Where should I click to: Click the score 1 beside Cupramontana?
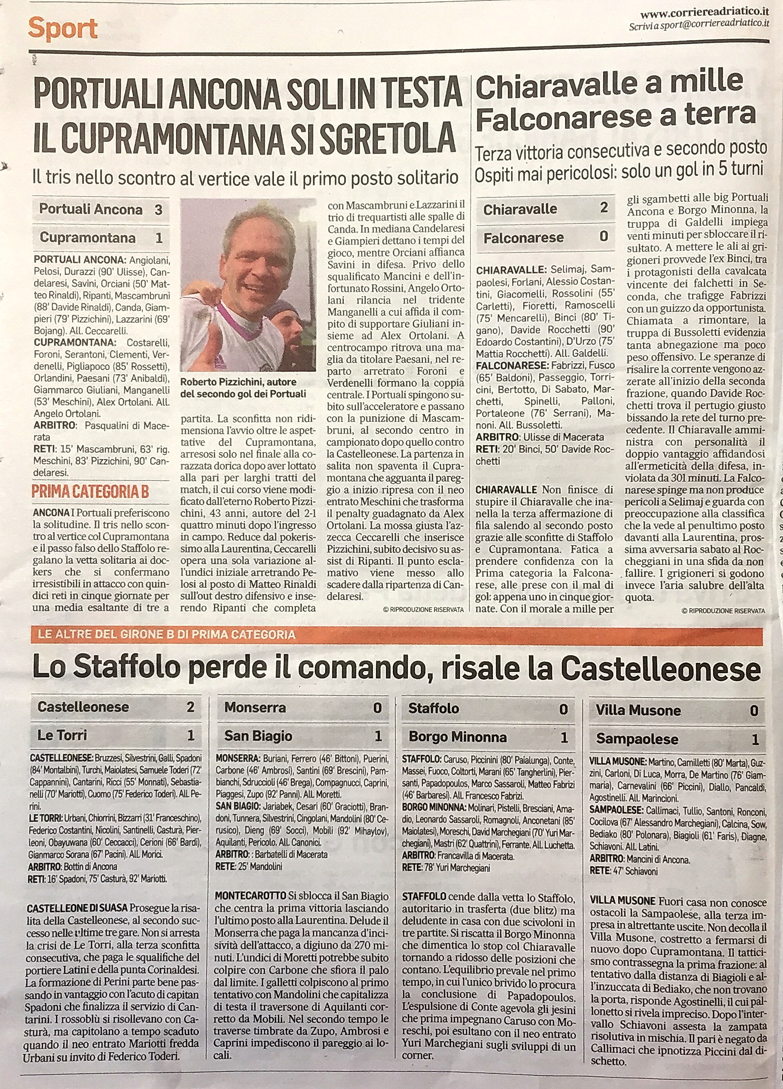(x=159, y=238)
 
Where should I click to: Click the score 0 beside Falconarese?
(x=604, y=236)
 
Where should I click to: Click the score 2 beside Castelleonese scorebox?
(x=190, y=707)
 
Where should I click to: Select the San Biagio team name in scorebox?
(x=258, y=736)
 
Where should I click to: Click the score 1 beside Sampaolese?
(x=755, y=739)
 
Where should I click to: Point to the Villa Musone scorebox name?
(x=638, y=711)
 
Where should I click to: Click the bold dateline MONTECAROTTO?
(x=250, y=896)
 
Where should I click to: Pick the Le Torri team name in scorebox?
(x=63, y=735)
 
